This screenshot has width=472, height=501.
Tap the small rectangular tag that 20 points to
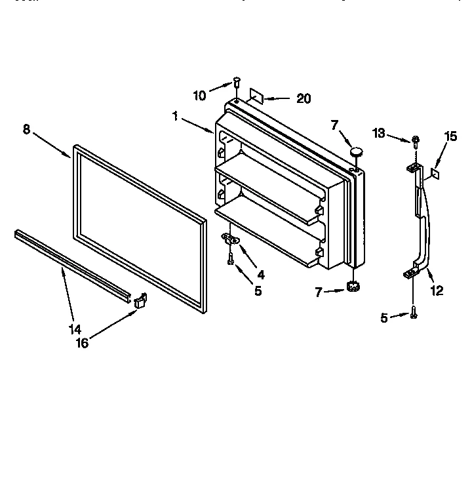(x=256, y=97)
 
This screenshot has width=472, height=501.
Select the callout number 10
(x=199, y=96)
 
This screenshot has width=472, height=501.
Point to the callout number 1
(x=176, y=116)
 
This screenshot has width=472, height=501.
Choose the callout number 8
(x=26, y=129)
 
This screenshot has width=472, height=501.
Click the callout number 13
(x=380, y=134)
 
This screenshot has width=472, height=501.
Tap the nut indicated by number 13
(x=416, y=140)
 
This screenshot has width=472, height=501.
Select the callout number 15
(x=450, y=136)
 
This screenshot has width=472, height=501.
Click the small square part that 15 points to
(x=434, y=174)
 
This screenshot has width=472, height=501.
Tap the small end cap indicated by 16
(x=140, y=300)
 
